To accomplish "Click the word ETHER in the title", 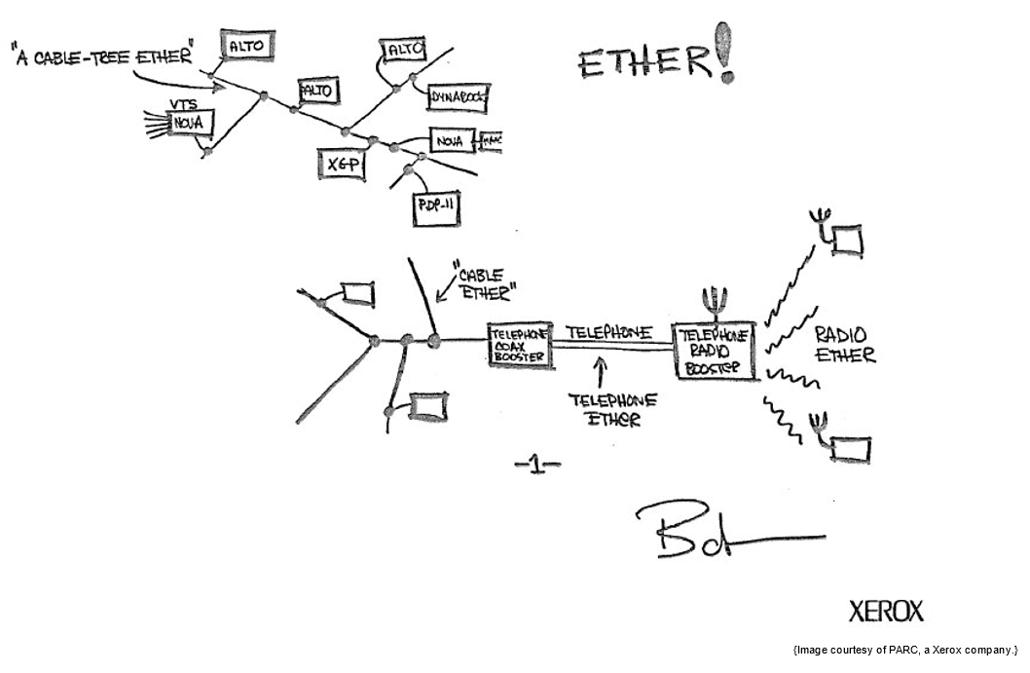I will (x=644, y=63).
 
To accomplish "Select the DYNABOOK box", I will (x=458, y=96).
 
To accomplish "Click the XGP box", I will (x=340, y=164).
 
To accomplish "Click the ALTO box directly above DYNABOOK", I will (x=403, y=49).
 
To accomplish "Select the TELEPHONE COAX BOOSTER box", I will (x=520, y=346).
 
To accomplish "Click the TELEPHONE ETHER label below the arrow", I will (x=613, y=409).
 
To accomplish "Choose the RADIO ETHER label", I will (x=844, y=343).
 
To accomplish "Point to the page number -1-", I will (x=536, y=466).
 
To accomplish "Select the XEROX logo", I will (x=885, y=612).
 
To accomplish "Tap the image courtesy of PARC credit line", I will (x=904, y=650).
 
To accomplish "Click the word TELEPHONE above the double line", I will (x=608, y=331).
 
